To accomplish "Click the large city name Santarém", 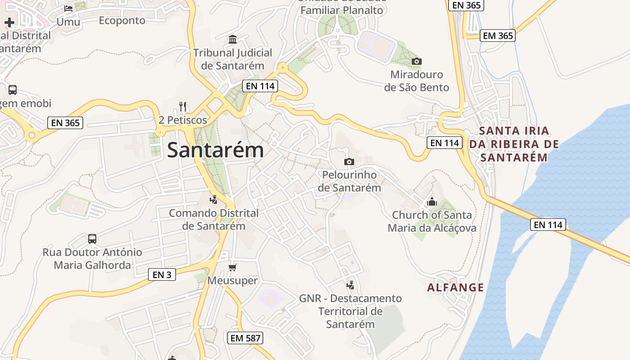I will click(215, 150).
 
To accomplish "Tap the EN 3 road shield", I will click(162, 274).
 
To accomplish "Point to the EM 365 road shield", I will click(497, 36).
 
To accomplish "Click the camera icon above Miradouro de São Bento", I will click(417, 61).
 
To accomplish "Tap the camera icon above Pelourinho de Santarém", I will click(349, 162).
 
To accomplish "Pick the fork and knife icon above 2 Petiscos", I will click(183, 107).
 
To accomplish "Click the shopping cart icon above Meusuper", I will click(232, 268).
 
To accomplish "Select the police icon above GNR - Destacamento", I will click(350, 285).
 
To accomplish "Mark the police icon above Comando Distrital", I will click(214, 199).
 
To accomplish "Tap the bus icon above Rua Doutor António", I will click(92, 238).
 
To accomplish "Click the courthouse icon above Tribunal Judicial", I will click(233, 39).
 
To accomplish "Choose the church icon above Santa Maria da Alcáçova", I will click(432, 202).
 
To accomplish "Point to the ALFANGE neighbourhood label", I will click(455, 288).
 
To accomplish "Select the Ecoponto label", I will click(122, 21).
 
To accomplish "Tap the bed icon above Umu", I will click(68, 8).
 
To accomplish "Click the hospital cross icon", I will click(9, 22).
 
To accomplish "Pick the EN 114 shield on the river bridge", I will click(548, 225).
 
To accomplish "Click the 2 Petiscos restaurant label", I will click(183, 120).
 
